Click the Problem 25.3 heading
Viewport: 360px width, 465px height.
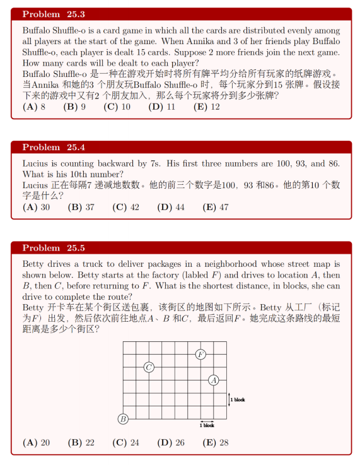pyautogui.click(x=54, y=14)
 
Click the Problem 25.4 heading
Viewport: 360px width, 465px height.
pyautogui.click(x=54, y=147)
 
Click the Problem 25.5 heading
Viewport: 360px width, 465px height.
pyautogui.click(x=54, y=248)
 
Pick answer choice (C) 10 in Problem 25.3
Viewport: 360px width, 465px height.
pyautogui.click(x=117, y=107)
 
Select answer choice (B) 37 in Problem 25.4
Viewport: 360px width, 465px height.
pyautogui.click(x=81, y=207)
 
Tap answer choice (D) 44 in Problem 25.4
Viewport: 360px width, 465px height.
pyautogui.click(x=171, y=207)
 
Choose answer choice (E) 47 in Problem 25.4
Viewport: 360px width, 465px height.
pyautogui.click(x=216, y=207)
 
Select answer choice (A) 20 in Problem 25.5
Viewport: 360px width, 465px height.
pyautogui.click(x=36, y=442)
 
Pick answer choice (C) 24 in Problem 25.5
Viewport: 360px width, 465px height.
pyautogui.click(x=125, y=442)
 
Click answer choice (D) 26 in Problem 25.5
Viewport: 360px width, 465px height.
pyautogui.click(x=171, y=442)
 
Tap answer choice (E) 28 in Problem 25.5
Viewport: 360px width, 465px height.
pyautogui.click(x=216, y=442)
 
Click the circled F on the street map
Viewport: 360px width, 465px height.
pyautogui.click(x=200, y=354)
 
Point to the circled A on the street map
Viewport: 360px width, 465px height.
pyautogui.click(x=214, y=380)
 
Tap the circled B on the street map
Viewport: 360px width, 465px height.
pyautogui.click(x=123, y=419)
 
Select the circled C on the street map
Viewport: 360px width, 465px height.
pyautogui.click(x=149, y=367)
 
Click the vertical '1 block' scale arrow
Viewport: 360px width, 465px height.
pyautogui.click(x=229, y=399)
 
